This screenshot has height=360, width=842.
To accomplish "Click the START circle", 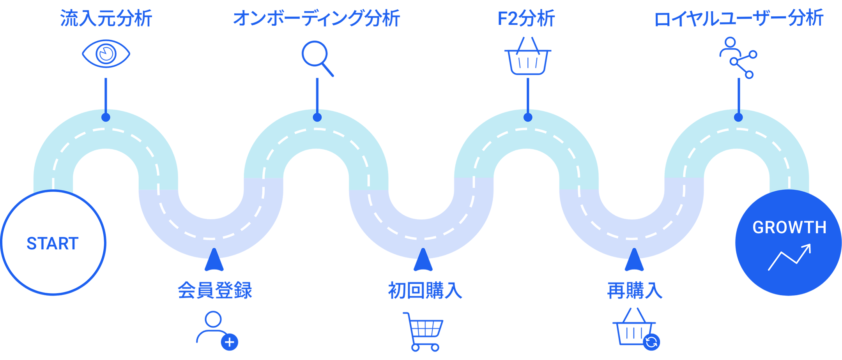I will click(53, 243).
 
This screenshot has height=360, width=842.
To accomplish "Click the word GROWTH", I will click(789, 228).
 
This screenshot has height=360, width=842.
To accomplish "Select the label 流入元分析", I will click(106, 19).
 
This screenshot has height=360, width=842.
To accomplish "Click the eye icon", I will click(106, 54).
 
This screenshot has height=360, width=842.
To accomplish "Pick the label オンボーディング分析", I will click(317, 19).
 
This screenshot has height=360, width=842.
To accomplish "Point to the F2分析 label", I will click(526, 19).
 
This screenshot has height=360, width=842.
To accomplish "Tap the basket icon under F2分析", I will click(528, 56).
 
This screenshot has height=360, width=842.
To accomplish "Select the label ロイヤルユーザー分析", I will click(738, 19).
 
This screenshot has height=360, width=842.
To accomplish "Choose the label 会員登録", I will click(215, 290).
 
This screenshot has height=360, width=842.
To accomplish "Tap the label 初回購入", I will click(425, 290).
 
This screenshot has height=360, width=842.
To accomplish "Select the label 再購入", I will click(635, 290).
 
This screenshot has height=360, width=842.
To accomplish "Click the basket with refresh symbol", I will click(636, 329).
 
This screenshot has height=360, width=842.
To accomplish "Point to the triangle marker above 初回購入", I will click(423, 260).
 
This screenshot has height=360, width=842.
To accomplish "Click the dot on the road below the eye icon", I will click(106, 117).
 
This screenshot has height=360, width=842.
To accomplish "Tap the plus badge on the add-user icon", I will click(230, 342).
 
